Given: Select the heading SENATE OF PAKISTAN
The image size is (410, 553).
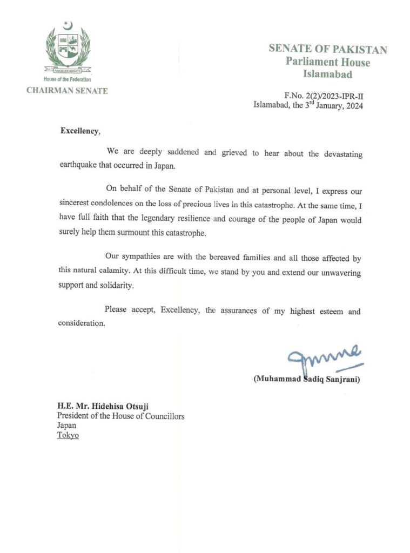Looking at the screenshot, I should (328, 49).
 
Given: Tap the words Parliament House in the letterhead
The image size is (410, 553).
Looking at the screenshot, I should (328, 62).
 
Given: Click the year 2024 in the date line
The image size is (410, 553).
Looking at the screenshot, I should (352, 106).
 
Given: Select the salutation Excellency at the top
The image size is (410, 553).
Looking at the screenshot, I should (80, 131).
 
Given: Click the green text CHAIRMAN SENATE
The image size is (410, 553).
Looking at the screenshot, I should (67, 90).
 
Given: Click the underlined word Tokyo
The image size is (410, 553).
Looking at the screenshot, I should (68, 435).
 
